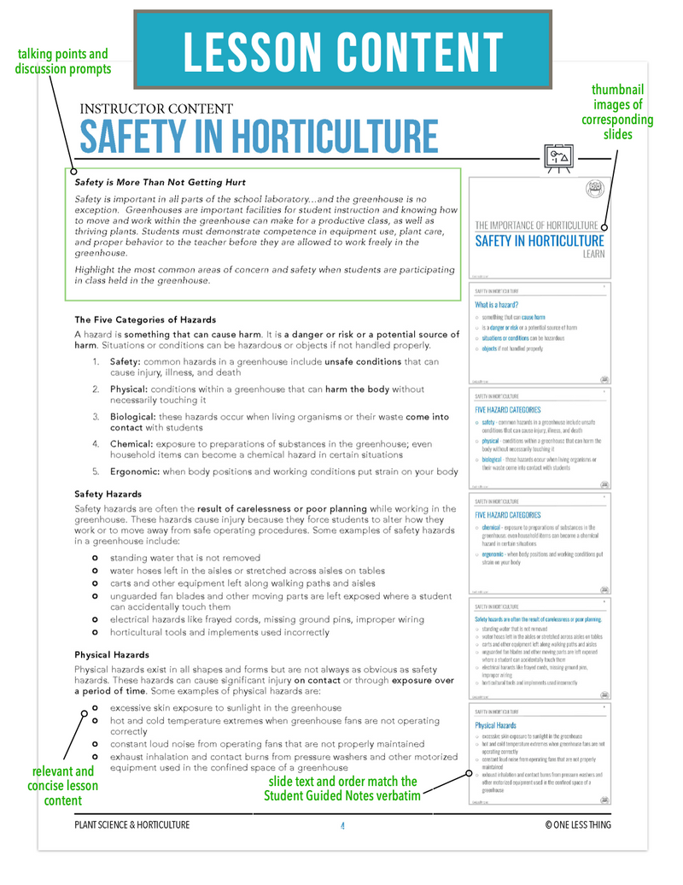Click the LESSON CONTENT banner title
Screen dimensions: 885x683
(343, 52)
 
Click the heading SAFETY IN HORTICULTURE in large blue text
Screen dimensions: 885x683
(259, 137)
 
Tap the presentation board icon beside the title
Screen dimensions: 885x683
(558, 156)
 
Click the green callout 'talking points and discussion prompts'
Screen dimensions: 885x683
(62, 62)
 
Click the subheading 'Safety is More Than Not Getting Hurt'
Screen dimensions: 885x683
(160, 182)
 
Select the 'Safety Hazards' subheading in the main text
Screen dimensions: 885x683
(108, 494)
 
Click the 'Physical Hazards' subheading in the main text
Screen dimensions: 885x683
(112, 654)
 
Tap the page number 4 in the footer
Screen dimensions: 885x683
(341, 824)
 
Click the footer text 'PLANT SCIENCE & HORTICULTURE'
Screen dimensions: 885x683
(132, 824)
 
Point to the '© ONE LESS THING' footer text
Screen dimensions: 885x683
(578, 824)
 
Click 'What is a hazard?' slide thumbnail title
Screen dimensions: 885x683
(497, 304)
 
